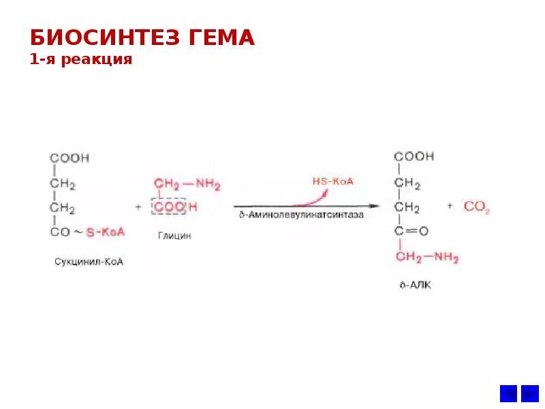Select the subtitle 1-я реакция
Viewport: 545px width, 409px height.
click(x=81, y=59)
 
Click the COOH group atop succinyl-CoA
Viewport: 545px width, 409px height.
click(x=69, y=158)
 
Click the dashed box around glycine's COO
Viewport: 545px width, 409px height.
click(x=170, y=207)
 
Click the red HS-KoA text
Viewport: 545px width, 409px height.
click(x=332, y=181)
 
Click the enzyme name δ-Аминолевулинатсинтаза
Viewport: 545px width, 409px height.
click(x=301, y=214)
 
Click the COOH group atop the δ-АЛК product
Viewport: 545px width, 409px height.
click(x=414, y=157)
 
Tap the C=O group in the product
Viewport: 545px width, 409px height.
click(x=411, y=232)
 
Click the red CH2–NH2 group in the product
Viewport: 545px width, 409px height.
click(x=426, y=258)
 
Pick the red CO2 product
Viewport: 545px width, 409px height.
click(x=477, y=207)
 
